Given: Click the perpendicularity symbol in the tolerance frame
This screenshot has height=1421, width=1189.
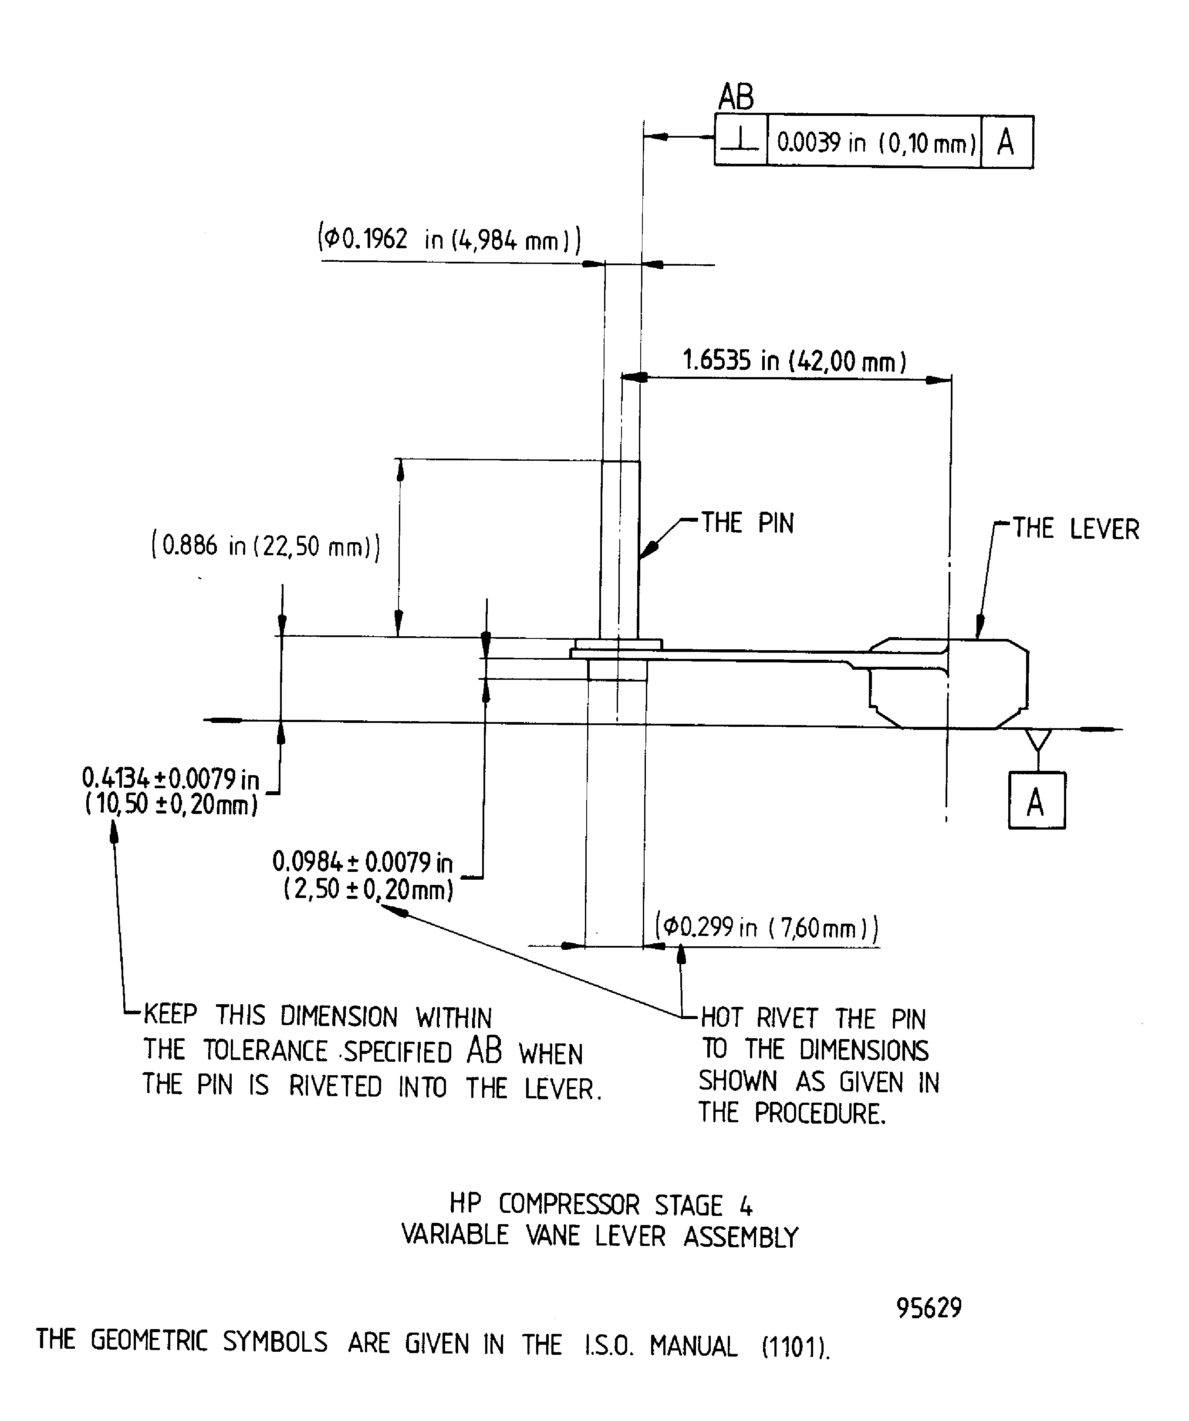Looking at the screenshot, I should tap(741, 141).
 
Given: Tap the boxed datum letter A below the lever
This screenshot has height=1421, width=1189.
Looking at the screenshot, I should tap(1036, 802).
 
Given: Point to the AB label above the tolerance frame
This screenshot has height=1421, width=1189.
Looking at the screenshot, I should tap(736, 97).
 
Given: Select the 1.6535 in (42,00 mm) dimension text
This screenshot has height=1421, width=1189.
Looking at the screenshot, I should tap(794, 361).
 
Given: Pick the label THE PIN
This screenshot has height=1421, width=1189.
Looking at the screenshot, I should tap(747, 523).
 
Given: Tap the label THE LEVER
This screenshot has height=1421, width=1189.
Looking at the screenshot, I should tap(1075, 529).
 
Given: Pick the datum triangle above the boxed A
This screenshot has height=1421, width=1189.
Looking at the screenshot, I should tap(1038, 739).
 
